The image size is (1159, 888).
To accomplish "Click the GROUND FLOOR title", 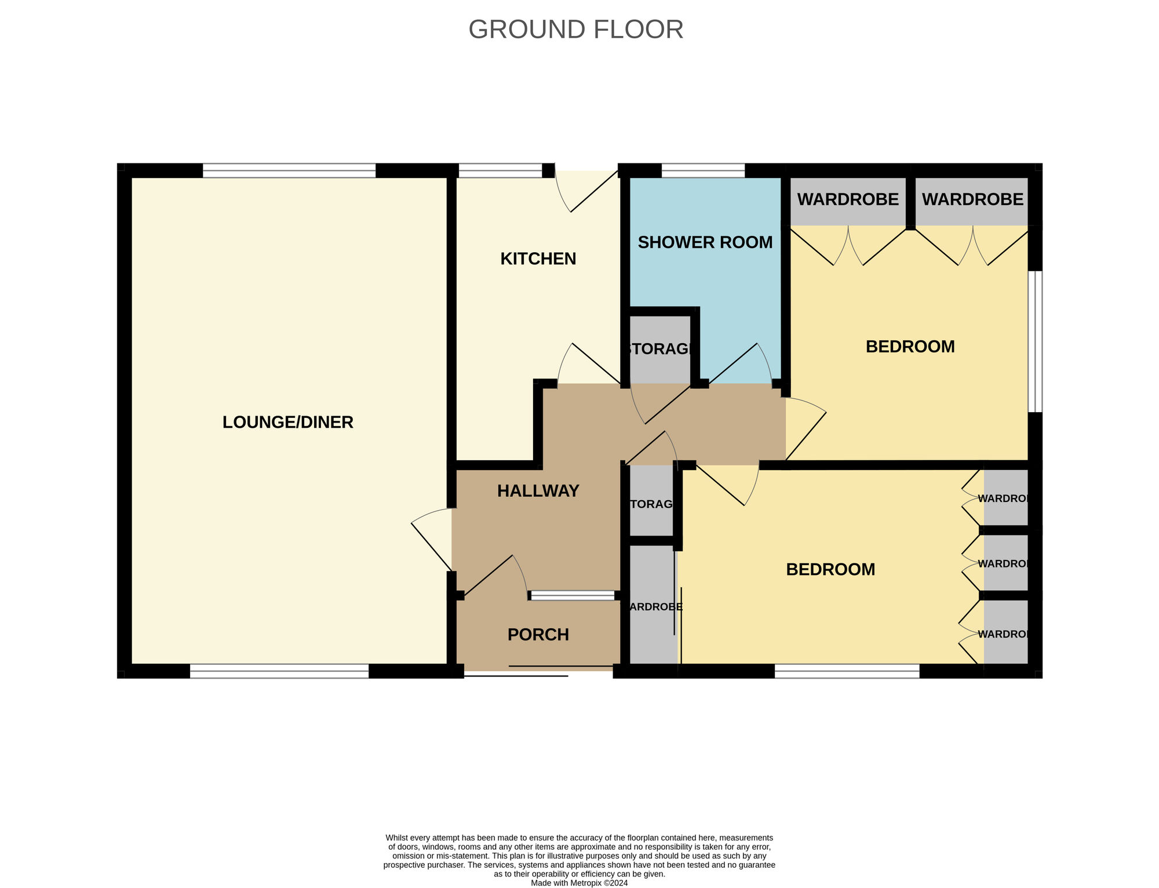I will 575,30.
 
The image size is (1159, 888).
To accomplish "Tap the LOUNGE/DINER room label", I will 287,422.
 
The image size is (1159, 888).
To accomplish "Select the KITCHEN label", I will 538,259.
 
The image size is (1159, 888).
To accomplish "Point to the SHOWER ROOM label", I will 705,242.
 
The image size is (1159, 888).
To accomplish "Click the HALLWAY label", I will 538,491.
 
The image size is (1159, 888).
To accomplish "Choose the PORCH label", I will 538,635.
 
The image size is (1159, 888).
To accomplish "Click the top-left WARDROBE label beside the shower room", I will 848,199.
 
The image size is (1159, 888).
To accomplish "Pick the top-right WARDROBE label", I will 972,199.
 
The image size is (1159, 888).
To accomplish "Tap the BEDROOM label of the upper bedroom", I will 910,347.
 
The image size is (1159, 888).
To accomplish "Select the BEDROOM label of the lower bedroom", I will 830,569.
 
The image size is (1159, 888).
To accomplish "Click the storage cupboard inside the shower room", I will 660,349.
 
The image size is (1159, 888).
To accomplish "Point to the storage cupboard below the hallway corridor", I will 651,503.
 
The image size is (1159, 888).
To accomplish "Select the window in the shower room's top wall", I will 703,170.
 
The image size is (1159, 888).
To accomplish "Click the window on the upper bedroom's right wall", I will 1035,341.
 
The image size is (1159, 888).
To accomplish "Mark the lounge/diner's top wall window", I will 289,170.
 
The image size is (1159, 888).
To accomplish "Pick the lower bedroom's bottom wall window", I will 847,671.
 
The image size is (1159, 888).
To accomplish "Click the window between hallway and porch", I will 572,595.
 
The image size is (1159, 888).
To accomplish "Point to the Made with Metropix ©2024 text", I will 579,883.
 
